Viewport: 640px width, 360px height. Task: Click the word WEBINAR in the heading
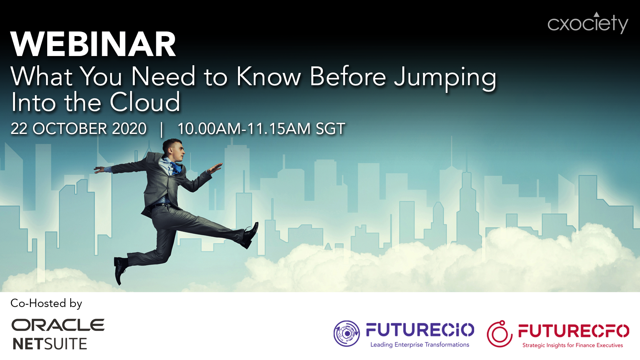[x=93, y=45]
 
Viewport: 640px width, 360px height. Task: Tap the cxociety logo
[x=588, y=23]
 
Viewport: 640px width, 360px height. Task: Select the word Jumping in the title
[x=445, y=78]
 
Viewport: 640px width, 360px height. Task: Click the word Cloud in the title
[x=145, y=102]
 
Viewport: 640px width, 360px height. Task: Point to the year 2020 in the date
[x=129, y=129]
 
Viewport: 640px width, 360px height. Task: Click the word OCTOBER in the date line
[x=70, y=129]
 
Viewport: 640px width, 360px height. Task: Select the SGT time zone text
[x=330, y=129]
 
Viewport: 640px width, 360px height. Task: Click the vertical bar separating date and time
[x=162, y=129]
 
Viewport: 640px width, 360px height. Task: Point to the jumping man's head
[x=173, y=149]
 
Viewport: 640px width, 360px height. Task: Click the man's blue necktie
[x=176, y=168]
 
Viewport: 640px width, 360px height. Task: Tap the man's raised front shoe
[x=250, y=235]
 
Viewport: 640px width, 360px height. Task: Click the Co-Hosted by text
[x=46, y=303]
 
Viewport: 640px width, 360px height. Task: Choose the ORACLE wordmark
[x=58, y=325]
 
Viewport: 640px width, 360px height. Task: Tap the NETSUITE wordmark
[x=50, y=344]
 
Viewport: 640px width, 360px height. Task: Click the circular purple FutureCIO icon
[x=347, y=334]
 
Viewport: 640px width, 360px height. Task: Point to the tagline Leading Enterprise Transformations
[x=420, y=345]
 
